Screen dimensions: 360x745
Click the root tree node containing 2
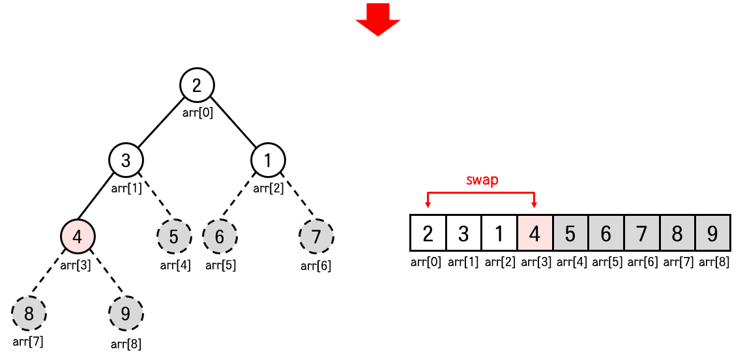click(x=197, y=85)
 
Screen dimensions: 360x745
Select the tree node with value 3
click(x=126, y=160)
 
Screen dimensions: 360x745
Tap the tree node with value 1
click(x=269, y=160)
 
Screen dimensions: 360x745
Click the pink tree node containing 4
click(x=78, y=236)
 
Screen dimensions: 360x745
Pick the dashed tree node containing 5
click(x=174, y=236)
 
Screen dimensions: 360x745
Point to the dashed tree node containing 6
click(x=220, y=236)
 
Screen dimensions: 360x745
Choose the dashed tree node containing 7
click(x=316, y=236)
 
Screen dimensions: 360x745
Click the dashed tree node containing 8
click(x=29, y=313)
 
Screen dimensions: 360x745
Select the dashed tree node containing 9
click(x=125, y=313)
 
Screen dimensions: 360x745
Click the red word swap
click(x=482, y=181)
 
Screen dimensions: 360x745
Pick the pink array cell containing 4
click(x=534, y=232)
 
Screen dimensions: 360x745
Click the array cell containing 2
click(x=428, y=232)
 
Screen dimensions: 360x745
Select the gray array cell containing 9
click(x=712, y=232)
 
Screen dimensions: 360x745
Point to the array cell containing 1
click(x=499, y=232)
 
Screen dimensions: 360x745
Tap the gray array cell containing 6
click(x=606, y=232)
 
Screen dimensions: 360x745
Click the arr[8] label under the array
click(x=714, y=263)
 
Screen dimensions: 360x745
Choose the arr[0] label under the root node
click(x=197, y=112)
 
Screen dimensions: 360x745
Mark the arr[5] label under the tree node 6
click(x=221, y=265)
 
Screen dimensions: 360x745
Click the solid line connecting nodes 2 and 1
click(x=233, y=123)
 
